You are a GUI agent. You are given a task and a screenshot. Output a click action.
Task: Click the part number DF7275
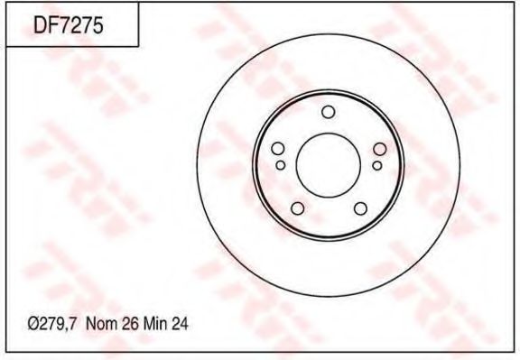[x=68, y=25]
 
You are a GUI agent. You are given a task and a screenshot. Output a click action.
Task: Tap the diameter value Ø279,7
[x=52, y=324]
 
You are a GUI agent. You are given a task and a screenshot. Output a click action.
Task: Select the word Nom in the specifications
[x=101, y=324]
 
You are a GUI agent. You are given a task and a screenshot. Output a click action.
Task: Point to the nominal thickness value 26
[x=130, y=324]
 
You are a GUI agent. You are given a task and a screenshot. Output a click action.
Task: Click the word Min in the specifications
[x=155, y=324]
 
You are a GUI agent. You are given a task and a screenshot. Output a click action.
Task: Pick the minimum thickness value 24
[x=180, y=324]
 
